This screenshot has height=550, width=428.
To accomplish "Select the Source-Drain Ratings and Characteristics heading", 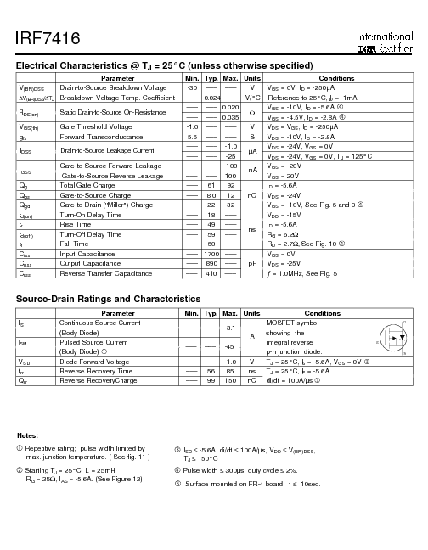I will [x=109, y=299].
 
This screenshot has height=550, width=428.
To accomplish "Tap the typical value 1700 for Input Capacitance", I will [x=211, y=254].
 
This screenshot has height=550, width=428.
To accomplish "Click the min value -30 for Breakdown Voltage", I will [x=192, y=87].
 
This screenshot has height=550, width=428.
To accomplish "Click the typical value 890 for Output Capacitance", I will [x=211, y=263].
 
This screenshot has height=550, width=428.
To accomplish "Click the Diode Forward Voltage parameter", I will [x=94, y=362].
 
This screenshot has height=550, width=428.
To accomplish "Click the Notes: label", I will [x=27, y=435].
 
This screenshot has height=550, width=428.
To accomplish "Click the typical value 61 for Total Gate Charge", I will [x=211, y=184].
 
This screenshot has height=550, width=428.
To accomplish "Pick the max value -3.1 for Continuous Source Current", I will [x=229, y=328].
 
